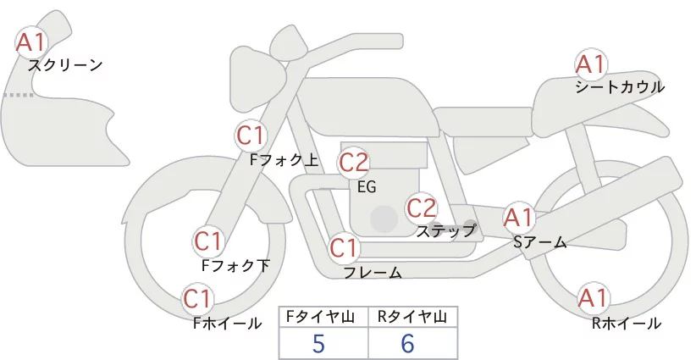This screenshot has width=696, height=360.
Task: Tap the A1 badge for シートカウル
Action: (x=590, y=64)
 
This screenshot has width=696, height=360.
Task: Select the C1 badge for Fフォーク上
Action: (x=251, y=135)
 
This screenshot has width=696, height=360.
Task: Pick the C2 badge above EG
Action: (x=354, y=162)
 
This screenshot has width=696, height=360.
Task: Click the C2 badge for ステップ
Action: (x=421, y=208)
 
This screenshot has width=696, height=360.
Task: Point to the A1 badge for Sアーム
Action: (x=518, y=218)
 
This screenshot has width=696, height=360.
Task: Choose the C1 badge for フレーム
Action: (x=344, y=249)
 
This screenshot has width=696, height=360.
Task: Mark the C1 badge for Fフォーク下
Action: (x=207, y=241)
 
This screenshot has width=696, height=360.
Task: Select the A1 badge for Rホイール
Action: (x=593, y=298)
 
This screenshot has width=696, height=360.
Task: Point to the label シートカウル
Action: (x=620, y=87)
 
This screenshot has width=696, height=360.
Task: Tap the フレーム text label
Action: (x=373, y=273)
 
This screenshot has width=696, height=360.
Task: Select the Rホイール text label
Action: (x=627, y=324)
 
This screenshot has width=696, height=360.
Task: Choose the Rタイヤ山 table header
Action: (x=412, y=317)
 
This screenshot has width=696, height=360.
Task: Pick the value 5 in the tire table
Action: (x=318, y=343)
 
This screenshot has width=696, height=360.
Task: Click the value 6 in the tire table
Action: (x=408, y=343)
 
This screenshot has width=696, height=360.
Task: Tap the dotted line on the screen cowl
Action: (x=18, y=95)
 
